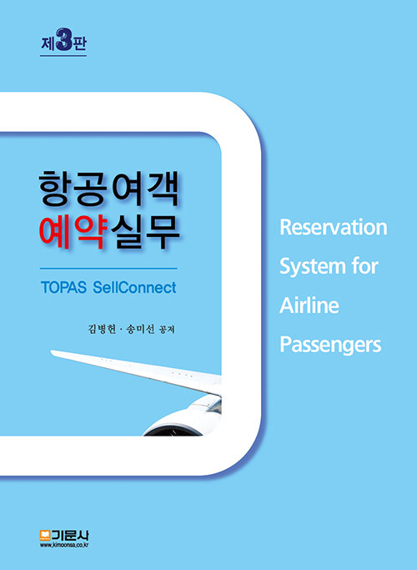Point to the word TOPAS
pos(63,288)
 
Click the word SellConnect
pos(135,288)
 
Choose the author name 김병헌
pos(102,330)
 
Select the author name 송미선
pos(140,330)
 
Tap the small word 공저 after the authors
pos(167,330)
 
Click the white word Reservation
pos(334,227)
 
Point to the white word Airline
pos(309,305)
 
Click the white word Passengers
pos(330,346)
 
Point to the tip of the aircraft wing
pos(51,351)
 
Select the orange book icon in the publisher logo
pos(45,534)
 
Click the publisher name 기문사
pos(70,535)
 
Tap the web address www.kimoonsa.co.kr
pos(65,545)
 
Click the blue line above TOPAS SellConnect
pos(108,269)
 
